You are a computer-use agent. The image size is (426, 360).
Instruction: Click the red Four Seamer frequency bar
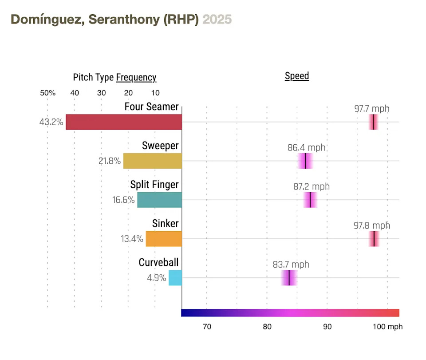[x=124, y=122]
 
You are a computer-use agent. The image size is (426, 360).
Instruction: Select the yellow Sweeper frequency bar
[x=153, y=161]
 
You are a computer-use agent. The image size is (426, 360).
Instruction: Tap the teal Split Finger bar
[x=159, y=200]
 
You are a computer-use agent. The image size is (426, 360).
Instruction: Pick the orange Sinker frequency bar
[x=164, y=239]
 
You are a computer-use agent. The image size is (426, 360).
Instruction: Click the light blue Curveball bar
[x=175, y=278]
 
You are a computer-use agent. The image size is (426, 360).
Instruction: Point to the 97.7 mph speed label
[x=372, y=108]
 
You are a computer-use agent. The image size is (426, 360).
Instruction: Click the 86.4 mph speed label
[x=307, y=147]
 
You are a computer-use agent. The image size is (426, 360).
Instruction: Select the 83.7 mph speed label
[x=291, y=265]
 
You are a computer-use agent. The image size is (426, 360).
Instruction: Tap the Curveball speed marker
[x=289, y=278]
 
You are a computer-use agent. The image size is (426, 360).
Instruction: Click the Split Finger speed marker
[x=310, y=200]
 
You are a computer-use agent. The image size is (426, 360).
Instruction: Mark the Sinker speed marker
[x=374, y=239]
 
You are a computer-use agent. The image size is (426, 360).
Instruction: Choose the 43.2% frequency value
[x=51, y=122]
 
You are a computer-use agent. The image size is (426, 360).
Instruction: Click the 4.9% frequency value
[x=157, y=278]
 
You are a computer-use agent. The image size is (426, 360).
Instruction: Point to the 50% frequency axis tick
[x=48, y=93]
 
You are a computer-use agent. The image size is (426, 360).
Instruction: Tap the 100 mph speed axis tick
[x=387, y=327]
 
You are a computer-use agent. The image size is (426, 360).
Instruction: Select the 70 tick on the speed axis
[x=207, y=327]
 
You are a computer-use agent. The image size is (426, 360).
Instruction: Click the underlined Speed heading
[x=297, y=76]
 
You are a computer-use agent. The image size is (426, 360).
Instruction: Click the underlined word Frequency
[x=136, y=78]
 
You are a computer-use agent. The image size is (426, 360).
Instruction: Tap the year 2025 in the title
[x=217, y=20]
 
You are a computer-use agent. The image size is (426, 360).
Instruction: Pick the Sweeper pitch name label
[x=160, y=146]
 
